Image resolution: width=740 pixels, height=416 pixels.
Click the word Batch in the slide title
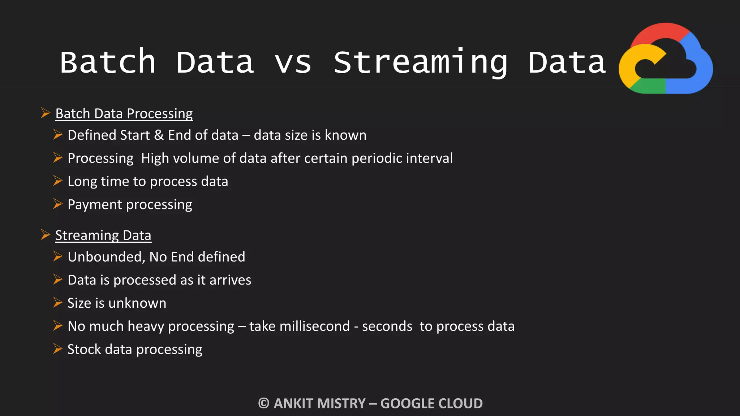[108, 62]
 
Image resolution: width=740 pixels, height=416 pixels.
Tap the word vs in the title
[293, 62]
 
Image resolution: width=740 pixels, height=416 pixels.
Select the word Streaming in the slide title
[420, 62]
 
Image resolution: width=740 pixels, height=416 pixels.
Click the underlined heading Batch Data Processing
[124, 113]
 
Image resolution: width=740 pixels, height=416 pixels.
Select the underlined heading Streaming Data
[103, 235]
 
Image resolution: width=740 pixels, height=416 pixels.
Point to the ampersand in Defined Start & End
[159, 135]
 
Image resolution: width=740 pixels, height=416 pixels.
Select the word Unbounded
[106, 257]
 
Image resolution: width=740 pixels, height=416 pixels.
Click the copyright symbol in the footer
[264, 403]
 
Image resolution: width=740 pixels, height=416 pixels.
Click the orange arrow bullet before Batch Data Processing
[46, 113]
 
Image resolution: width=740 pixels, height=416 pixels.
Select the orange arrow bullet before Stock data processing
[58, 349]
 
